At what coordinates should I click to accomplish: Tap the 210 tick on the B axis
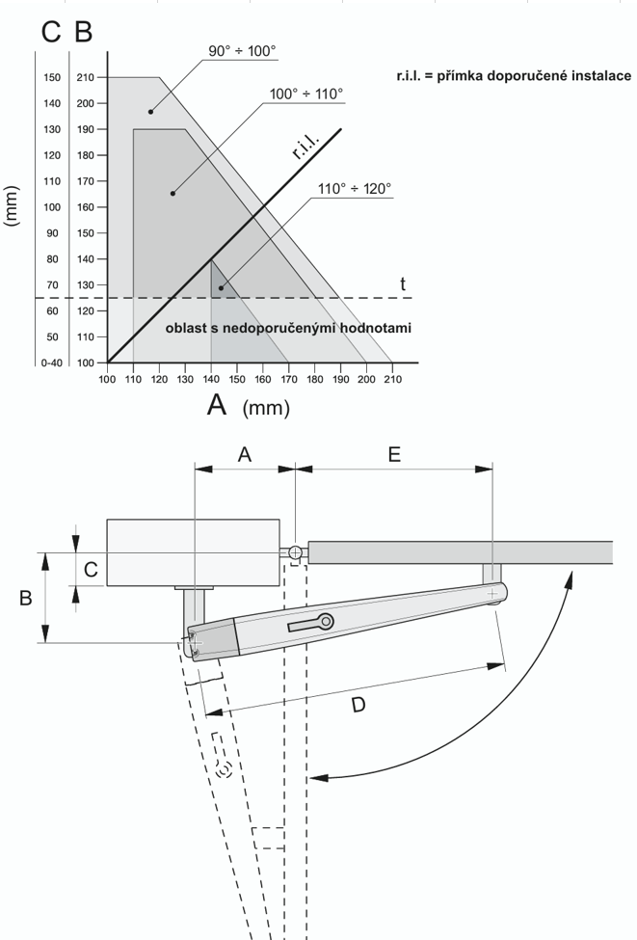(85, 77)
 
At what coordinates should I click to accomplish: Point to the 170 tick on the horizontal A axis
(288, 380)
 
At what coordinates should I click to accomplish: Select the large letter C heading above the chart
(51, 31)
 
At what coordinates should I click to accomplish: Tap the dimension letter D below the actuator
(358, 705)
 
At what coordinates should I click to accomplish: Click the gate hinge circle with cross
(294, 552)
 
